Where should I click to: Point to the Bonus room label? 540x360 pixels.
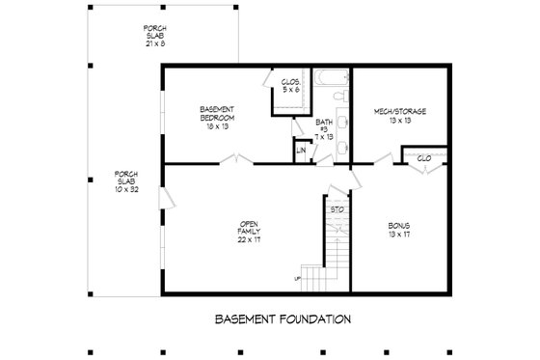pyautogui.click(x=398, y=230)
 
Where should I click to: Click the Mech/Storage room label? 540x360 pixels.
pyautogui.click(x=399, y=116)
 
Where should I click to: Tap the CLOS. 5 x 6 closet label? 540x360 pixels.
pyautogui.click(x=290, y=86)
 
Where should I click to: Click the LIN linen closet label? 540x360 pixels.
pyautogui.click(x=302, y=150)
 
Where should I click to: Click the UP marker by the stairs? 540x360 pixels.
pyautogui.click(x=297, y=279)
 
